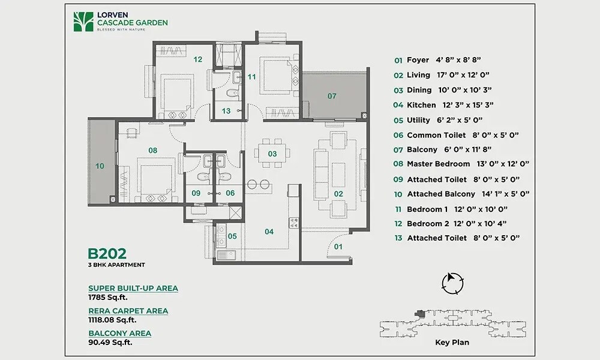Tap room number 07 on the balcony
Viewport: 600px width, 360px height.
(332, 96)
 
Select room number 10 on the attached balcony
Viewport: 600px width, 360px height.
(100, 166)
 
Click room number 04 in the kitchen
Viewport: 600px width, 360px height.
(269, 232)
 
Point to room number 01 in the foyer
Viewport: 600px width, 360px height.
(338, 246)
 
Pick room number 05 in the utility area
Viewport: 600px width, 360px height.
(232, 236)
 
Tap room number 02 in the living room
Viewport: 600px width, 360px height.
(338, 194)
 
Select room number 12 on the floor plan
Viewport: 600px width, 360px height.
(197, 59)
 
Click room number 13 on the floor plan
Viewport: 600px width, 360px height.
(226, 111)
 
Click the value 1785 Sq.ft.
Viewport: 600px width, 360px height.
(108, 296)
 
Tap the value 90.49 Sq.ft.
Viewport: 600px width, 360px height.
(110, 342)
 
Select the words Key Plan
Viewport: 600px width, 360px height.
(452, 343)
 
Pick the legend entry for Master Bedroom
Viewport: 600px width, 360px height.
(439, 164)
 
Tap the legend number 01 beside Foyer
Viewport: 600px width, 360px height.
(398, 60)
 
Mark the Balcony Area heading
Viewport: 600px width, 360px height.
(119, 333)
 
